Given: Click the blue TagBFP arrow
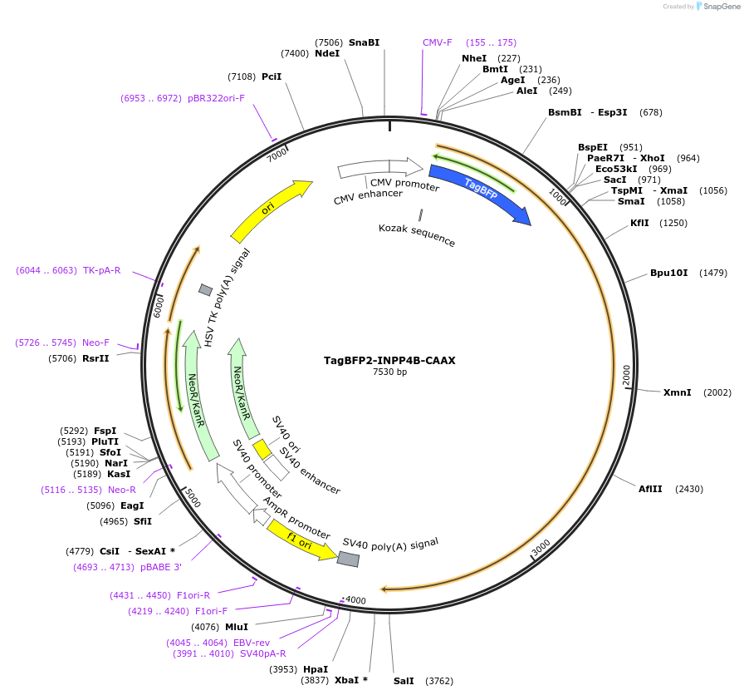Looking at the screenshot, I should coord(480,193).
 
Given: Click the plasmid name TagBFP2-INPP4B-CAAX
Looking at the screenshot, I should coord(389,361).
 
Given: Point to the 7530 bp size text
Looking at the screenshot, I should coord(389,372).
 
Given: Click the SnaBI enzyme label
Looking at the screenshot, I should coord(364,42).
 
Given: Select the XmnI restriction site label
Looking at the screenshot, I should coord(677,392).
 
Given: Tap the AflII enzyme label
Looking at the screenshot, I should coord(650,489).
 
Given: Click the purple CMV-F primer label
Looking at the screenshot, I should coord(438,42).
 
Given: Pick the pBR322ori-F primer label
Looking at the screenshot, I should coord(216,98).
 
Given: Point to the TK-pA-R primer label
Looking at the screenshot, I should coord(101,270).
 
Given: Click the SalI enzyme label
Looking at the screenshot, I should coord(404,681).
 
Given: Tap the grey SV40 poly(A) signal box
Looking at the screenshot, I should coord(348,559).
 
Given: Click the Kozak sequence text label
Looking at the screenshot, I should coord(417,234).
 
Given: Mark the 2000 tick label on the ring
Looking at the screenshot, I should coord(627,375).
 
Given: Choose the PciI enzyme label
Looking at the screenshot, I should coord(272,77).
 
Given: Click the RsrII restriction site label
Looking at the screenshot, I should coord(95,359).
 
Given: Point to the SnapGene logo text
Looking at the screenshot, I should coord(717,6).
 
